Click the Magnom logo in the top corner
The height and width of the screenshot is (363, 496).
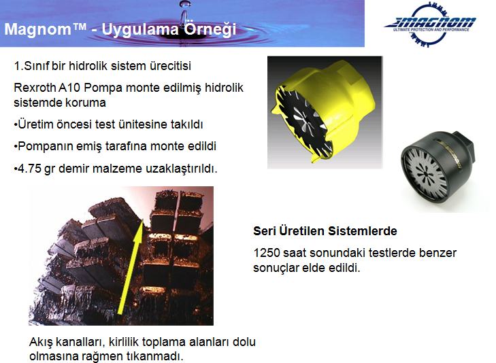coord(430,24)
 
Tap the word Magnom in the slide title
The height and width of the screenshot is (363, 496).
coord(38,29)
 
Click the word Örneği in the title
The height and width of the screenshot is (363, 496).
coord(210,29)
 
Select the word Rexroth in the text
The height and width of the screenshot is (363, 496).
coord(35,88)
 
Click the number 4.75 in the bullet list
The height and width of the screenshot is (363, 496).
coord(29,169)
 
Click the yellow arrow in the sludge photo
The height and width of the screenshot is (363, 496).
coord(131,266)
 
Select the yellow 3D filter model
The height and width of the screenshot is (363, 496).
coord(323,111)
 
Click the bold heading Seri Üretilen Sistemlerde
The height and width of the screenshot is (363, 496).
coord(325,231)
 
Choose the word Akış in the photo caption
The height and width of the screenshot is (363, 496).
coord(41,342)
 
